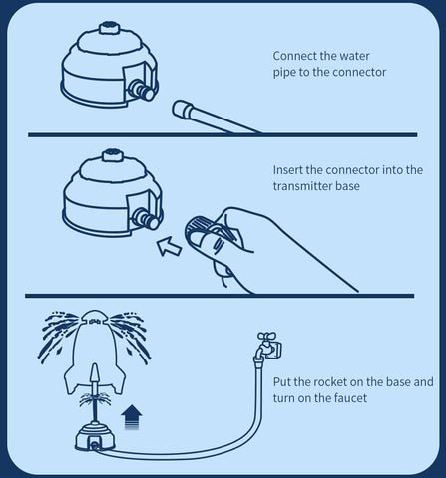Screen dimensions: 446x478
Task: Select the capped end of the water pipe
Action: click(183, 109)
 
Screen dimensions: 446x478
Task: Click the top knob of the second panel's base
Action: click(112, 155)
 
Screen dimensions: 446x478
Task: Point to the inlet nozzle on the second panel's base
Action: click(146, 218)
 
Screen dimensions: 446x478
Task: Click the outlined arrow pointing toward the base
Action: click(170, 246)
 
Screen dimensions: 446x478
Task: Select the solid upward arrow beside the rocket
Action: click(132, 417)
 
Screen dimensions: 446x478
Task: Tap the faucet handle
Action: click(266, 336)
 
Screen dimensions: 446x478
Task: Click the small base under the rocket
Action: click(95, 436)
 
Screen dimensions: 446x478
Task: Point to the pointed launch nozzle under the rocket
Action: click(95, 377)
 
